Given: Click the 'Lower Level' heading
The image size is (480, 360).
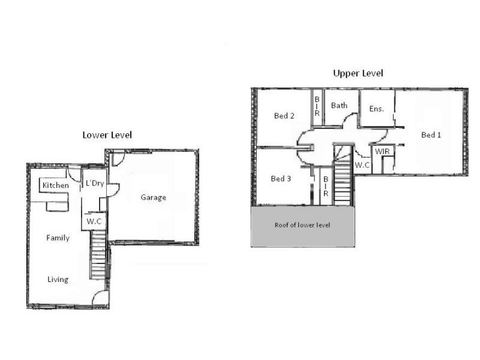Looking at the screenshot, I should coord(107,135).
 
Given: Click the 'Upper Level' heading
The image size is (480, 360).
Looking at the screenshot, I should coord(358,73).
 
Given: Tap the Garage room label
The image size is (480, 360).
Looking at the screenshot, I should coord(154,197).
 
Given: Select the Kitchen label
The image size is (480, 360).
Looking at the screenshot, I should coord(56,186).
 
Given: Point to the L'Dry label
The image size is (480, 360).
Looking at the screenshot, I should coord(95,184).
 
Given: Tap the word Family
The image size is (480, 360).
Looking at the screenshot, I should coord(58,238).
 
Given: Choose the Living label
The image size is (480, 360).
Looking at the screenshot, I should coord(58,280).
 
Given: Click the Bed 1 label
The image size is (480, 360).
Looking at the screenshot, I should coord(431,135).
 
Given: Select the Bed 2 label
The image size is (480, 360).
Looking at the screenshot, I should coord(284,116).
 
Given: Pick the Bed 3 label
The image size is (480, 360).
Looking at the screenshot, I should coord(281,179).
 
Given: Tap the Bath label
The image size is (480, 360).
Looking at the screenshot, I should coord(339,106).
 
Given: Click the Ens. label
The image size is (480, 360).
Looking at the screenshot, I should coord(376,109).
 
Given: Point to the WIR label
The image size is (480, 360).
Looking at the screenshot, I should coord(382,152).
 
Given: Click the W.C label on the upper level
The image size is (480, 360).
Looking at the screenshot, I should coord(362,164).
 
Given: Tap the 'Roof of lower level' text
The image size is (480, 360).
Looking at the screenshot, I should coord(302,226).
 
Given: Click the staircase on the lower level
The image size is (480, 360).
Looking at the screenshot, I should coord(98,255).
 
